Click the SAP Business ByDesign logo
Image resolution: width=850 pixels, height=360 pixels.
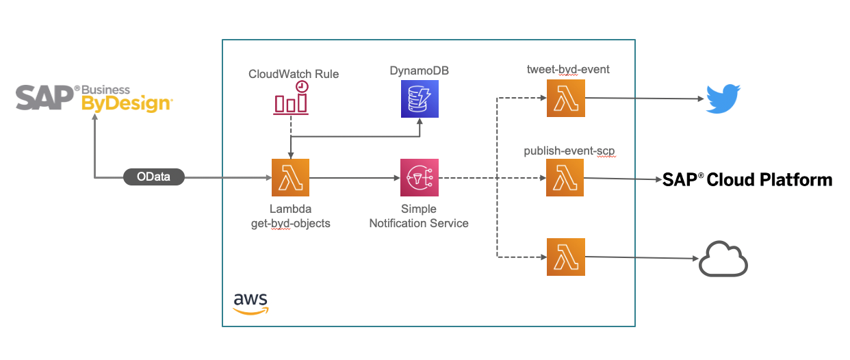[94, 98]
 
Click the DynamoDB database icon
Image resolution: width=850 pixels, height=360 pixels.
[419, 99]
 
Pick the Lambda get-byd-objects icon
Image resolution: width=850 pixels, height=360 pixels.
[291, 178]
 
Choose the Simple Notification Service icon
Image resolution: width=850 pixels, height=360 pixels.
[419, 178]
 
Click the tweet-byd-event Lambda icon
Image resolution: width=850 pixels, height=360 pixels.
[565, 99]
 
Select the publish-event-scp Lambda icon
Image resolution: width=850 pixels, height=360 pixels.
[565, 178]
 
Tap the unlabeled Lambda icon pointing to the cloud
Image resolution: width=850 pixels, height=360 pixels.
[565, 257]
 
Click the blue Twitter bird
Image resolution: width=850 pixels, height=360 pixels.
[723, 99]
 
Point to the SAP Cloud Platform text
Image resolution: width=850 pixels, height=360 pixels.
[747, 179]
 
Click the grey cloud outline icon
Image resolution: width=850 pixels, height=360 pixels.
[723, 259]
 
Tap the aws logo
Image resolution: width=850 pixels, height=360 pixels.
[250, 302]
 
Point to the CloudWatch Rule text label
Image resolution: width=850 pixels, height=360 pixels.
[293, 74]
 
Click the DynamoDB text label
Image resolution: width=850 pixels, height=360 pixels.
[419, 70]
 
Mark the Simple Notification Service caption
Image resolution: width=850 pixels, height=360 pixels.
[419, 216]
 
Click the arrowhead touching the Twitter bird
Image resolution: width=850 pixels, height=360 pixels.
[700, 99]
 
